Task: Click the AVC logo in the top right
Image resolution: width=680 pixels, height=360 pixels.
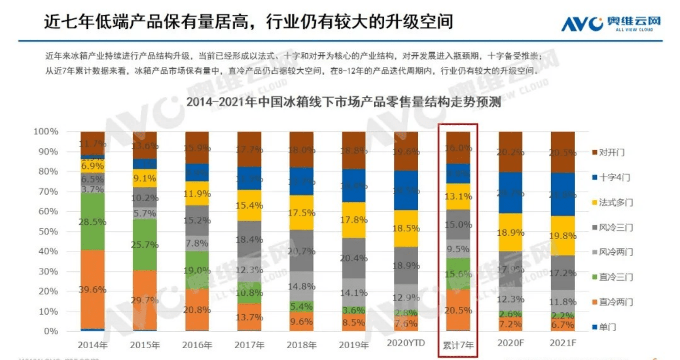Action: pyautogui.click(x=611, y=23)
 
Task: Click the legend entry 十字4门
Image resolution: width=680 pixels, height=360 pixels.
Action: pyautogui.click(x=610, y=178)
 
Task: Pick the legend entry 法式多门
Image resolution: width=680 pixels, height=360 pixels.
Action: pyautogui.click(x=610, y=203)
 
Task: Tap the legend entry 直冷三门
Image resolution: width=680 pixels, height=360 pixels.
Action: pyautogui.click(x=610, y=277)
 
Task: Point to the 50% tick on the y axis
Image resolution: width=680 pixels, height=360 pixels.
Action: pyautogui.click(x=46, y=231)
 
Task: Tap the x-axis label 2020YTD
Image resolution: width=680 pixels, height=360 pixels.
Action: pyautogui.click(x=406, y=343)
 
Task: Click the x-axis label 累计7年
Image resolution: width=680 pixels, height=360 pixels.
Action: pyautogui.click(x=458, y=345)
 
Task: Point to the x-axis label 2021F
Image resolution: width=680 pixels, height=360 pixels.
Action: pyautogui.click(x=562, y=343)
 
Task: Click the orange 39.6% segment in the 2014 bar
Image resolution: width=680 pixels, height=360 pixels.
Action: pyautogui.click(x=93, y=289)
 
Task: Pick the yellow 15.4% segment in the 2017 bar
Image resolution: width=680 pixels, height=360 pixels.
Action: pyautogui.click(x=249, y=206)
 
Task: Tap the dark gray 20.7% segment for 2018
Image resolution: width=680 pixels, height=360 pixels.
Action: pyautogui.click(x=301, y=250)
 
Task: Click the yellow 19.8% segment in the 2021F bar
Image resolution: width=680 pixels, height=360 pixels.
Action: pyautogui.click(x=562, y=236)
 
